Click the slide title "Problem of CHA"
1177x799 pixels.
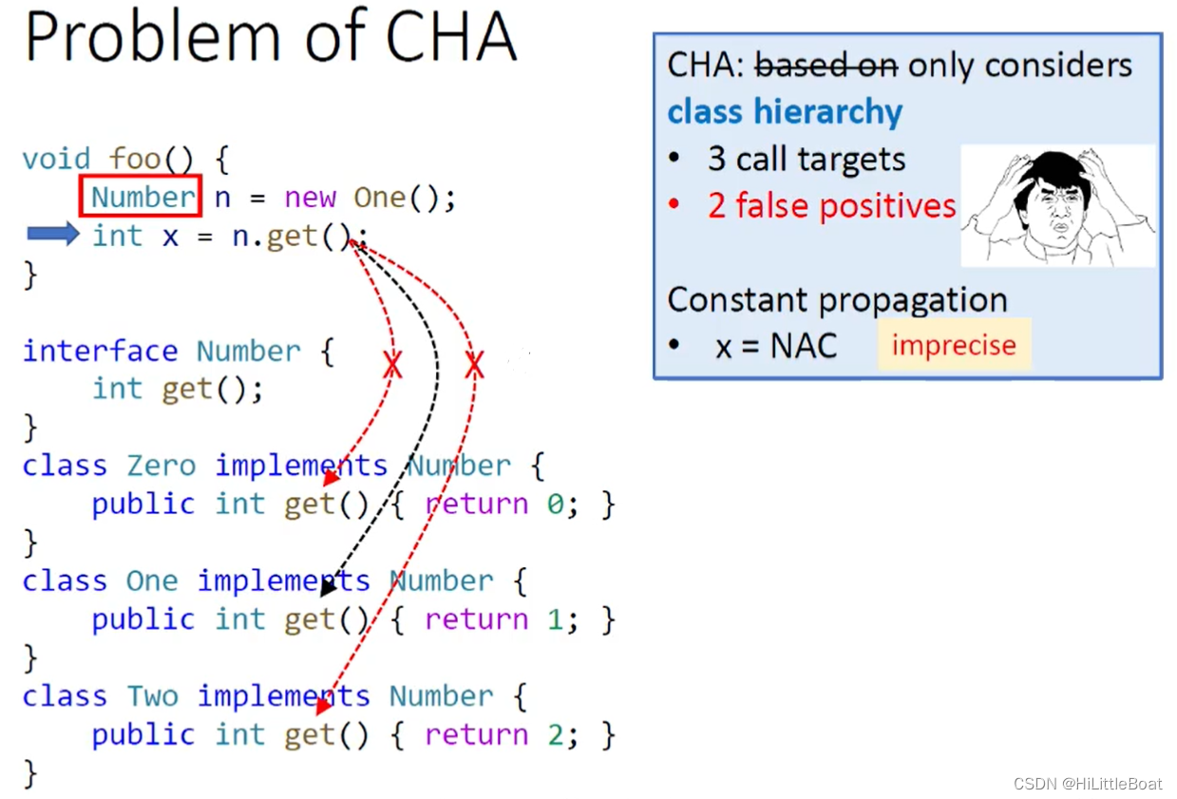(x=271, y=38)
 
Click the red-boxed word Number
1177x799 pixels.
(x=142, y=198)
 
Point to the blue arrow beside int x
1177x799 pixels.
(x=53, y=234)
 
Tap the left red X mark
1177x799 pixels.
(x=391, y=365)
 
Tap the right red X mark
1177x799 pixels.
(x=475, y=364)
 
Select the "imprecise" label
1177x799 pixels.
(x=954, y=346)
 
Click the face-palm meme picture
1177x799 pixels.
(x=1057, y=206)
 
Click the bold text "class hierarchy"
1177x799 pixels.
(x=785, y=112)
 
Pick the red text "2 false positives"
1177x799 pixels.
(x=831, y=206)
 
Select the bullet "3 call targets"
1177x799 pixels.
(x=807, y=159)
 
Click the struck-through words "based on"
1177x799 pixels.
(x=826, y=66)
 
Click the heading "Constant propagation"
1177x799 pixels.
(x=837, y=300)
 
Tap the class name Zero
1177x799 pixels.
(x=161, y=466)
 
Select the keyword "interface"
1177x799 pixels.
(x=100, y=351)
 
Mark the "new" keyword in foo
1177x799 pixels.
(x=310, y=198)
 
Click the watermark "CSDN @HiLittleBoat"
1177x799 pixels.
(x=1087, y=784)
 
